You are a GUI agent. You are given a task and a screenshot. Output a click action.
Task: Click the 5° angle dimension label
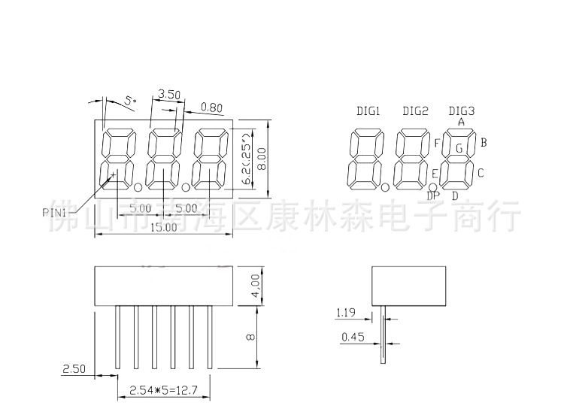coord(130,100)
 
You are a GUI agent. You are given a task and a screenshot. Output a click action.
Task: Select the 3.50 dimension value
coord(169,95)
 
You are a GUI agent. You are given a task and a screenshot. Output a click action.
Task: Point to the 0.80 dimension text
coord(212,108)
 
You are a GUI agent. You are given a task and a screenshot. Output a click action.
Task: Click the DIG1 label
coord(368,111)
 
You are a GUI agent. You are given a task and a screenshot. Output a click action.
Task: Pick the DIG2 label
coord(415,111)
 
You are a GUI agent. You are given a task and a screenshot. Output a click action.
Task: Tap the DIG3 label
coord(461,111)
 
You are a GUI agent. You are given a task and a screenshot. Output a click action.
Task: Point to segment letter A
coord(461,122)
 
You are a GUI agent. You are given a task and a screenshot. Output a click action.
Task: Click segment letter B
coord(484,141)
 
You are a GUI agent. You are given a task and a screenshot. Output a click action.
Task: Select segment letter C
coord(481,174)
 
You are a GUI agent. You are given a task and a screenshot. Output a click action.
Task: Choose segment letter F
coord(437,144)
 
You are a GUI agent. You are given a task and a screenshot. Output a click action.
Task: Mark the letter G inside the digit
coord(458,148)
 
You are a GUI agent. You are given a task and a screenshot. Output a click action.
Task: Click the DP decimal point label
coord(433,197)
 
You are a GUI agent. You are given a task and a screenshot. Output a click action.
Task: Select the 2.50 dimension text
coord(73,368)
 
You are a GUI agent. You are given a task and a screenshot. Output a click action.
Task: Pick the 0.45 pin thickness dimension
coord(353,338)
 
